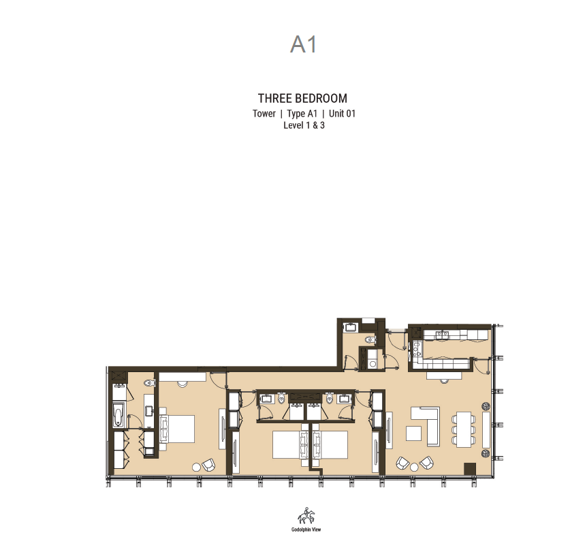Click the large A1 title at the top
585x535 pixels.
(304, 44)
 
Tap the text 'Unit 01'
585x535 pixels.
(342, 114)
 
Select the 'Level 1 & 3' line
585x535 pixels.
(304, 125)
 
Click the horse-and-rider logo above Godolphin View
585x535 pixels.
(306, 516)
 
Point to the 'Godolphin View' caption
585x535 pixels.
(306, 530)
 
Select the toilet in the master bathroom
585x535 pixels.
(149, 382)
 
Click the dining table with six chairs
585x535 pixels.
(464, 429)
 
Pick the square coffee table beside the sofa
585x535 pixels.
(414, 433)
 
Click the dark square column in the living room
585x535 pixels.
(470, 469)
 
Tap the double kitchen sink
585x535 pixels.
(443, 335)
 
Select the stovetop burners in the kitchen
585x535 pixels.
(417, 349)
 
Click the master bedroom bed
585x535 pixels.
(177, 429)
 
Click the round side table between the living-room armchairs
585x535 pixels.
(414, 467)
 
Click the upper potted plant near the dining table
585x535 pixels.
(486, 406)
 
